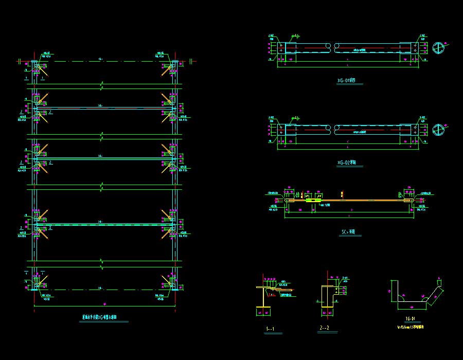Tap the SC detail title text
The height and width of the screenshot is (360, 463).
click(348, 232)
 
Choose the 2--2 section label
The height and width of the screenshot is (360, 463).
click(324, 327)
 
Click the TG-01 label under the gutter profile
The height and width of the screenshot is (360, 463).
click(409, 319)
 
